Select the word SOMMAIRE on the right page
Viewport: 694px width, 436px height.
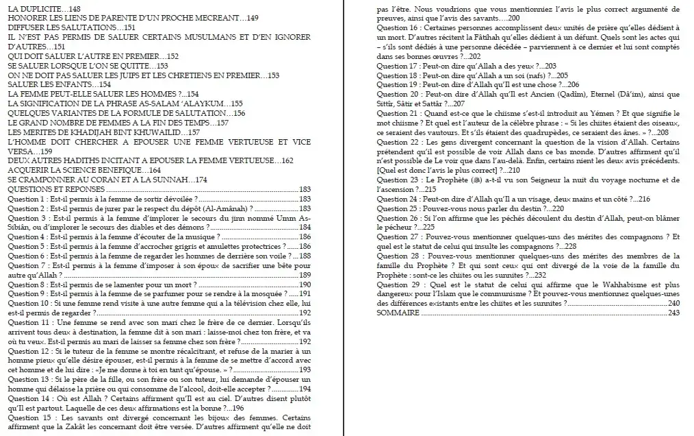coord(398,313)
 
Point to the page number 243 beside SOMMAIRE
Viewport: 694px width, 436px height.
coord(674,313)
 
